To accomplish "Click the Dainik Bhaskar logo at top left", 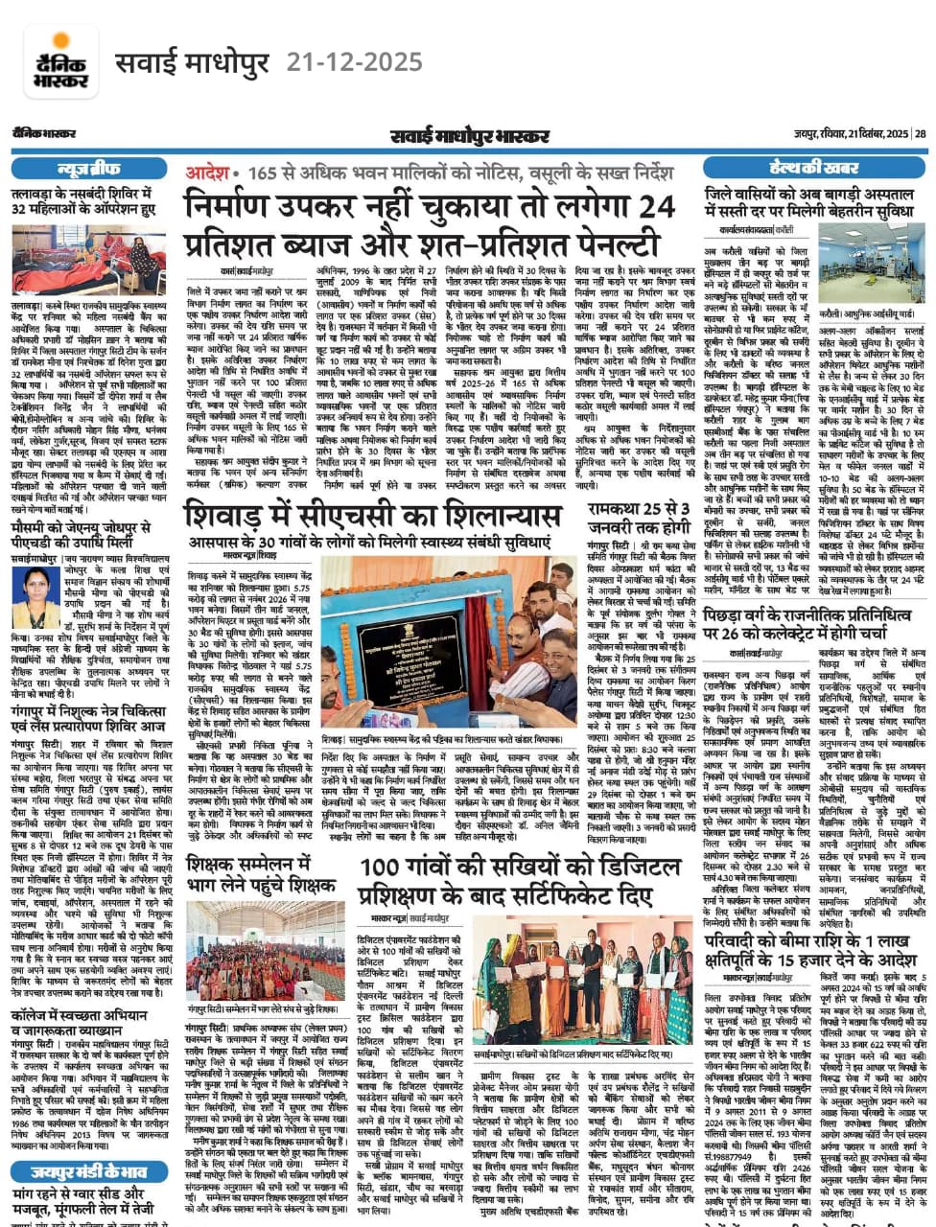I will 59,60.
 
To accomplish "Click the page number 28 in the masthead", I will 919,133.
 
